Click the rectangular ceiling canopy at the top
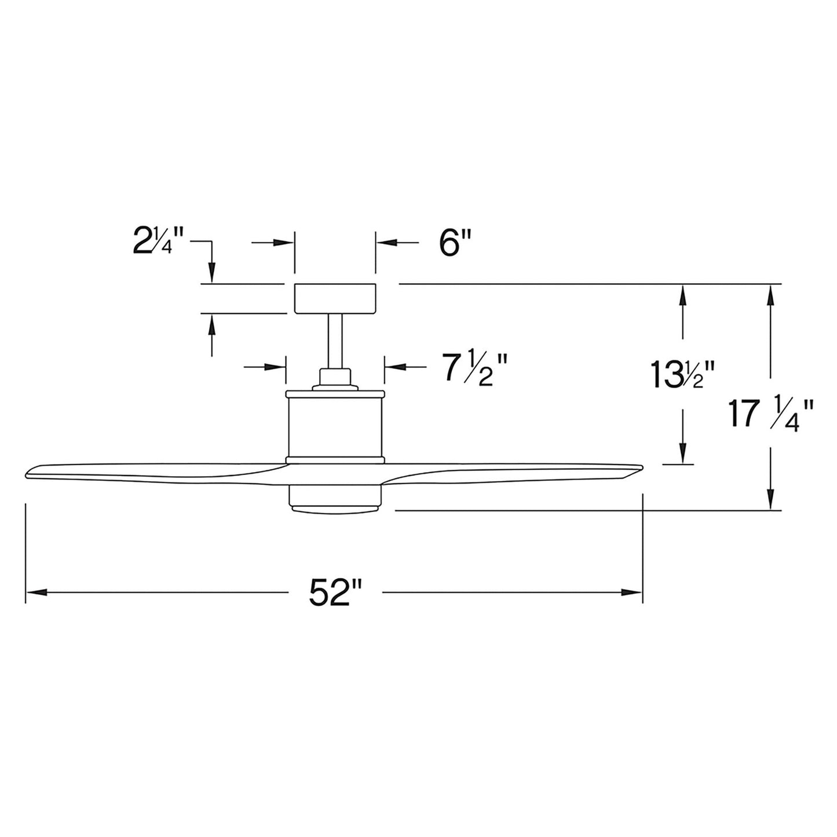point(335,298)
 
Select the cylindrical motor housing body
point(335,425)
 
